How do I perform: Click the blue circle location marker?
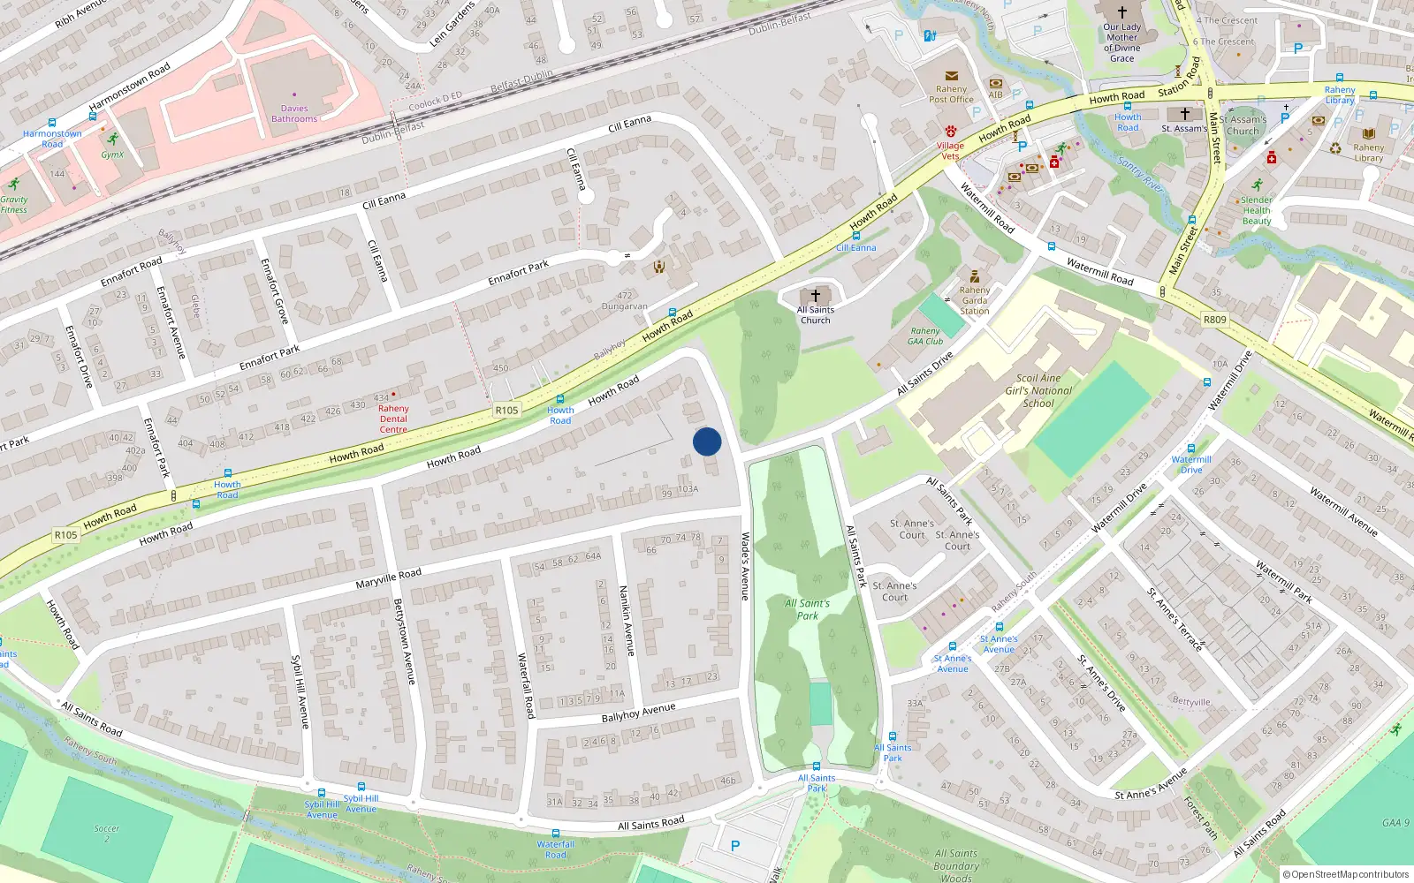coord(707,441)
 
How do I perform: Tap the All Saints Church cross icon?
coord(815,296)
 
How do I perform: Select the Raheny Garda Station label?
coord(975,300)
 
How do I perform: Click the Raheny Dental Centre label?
coord(393,419)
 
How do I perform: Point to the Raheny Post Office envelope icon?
coord(951,76)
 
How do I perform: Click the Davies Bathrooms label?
coord(294,114)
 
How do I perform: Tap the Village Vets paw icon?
coord(950,131)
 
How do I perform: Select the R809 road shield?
coord(1215,319)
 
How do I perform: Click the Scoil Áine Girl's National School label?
coord(1038,390)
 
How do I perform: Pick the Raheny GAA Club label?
coord(925,336)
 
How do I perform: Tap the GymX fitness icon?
coord(112,140)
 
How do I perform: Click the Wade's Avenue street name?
coord(745,566)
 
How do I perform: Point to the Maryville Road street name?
coord(389,578)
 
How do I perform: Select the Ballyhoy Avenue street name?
coord(638,713)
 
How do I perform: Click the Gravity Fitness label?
coord(13,205)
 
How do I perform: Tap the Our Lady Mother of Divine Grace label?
coord(1121,42)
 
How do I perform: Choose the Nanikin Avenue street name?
coord(627,620)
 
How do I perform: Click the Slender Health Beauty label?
coord(1256,210)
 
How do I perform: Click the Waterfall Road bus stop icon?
coord(555,833)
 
